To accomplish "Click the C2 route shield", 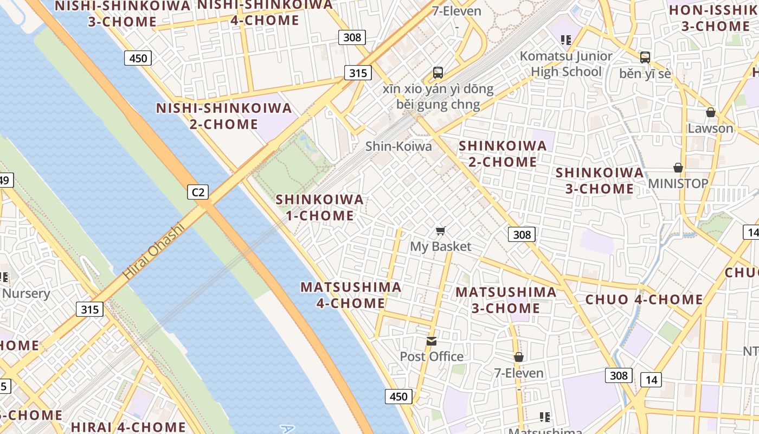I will [198, 192].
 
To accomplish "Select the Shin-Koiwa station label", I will [398, 146].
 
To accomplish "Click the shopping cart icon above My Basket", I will [441, 231].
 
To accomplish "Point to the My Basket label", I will [441, 247].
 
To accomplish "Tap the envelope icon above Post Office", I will [432, 341].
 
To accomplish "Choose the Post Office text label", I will [432, 356].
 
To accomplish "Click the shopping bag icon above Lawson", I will [711, 113].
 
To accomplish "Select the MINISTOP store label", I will [678, 183].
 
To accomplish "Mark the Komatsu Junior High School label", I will [566, 64].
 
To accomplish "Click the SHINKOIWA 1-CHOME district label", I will [320, 207].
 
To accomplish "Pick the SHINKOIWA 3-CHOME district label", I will [600, 181].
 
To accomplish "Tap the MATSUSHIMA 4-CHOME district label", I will [351, 295].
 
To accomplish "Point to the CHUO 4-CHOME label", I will [644, 299].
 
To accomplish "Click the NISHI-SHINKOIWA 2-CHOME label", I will [224, 116].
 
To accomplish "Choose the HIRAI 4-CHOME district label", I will [128, 427].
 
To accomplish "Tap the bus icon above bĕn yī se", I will [645, 58].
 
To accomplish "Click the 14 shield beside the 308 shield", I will [651, 380].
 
